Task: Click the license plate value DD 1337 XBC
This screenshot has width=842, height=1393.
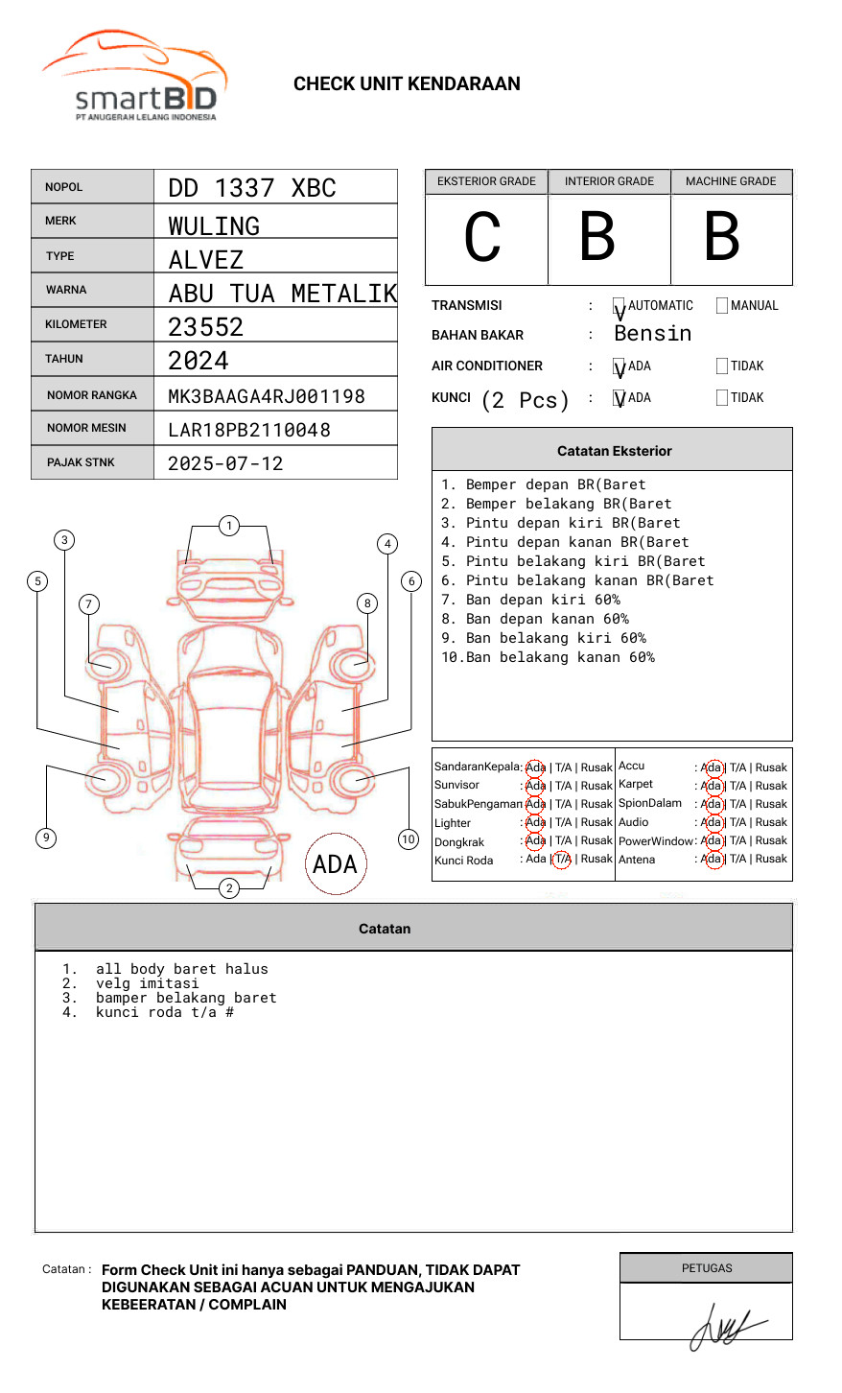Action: coord(252,188)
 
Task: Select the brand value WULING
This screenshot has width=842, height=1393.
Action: coord(214,226)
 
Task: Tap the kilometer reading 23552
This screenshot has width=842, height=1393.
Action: coord(206,327)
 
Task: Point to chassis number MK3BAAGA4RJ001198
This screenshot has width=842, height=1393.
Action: coord(267,396)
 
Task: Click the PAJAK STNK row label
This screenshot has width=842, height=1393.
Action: coord(80,462)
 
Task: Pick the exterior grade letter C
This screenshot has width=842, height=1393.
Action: coord(482,237)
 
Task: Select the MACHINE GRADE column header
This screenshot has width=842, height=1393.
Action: coord(731,181)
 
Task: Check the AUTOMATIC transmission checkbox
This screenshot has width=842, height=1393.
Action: coord(620,306)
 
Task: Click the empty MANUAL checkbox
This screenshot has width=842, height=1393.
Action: coord(722,306)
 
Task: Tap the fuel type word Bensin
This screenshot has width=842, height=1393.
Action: coord(652,334)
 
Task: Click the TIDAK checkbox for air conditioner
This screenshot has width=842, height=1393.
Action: coord(722,366)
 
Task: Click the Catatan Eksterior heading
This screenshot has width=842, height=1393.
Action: coord(614,451)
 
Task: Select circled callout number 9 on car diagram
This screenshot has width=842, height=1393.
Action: coord(46,838)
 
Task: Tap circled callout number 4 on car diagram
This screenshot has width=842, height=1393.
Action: coord(387,544)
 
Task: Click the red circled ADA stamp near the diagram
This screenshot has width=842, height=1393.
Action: coord(335,864)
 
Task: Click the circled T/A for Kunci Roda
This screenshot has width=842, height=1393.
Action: coord(562,860)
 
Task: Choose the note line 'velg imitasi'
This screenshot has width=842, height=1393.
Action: coord(148,983)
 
